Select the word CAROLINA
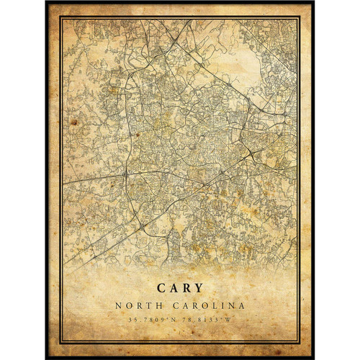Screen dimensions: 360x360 tap(208, 306)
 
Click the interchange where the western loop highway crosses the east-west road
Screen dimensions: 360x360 tap(125, 174)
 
